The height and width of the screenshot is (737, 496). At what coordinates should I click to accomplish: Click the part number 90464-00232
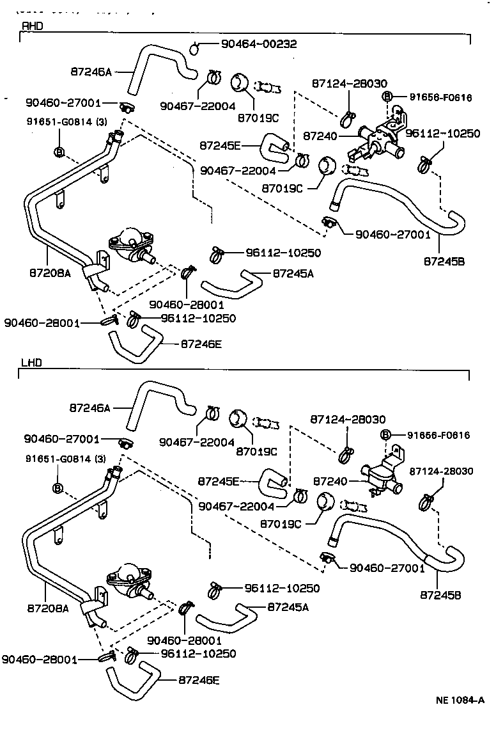pos(259,44)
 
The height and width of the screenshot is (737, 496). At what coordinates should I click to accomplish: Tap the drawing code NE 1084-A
pos(456,699)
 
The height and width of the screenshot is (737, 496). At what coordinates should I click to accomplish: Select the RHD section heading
pos(32,26)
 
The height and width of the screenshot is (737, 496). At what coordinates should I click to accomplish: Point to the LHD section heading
pos(31,363)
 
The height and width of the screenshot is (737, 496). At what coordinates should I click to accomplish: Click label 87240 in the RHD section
pos(319,136)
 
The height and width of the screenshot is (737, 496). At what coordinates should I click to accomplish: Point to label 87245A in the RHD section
pos(293,273)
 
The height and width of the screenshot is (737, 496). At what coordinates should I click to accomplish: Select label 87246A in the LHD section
pos(89,408)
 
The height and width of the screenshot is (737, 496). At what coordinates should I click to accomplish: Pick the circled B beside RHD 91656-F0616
pos(387,97)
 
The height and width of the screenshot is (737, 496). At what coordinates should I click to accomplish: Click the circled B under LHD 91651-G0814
pos(58,489)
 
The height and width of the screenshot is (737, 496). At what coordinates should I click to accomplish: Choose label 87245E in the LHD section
pos(219,481)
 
